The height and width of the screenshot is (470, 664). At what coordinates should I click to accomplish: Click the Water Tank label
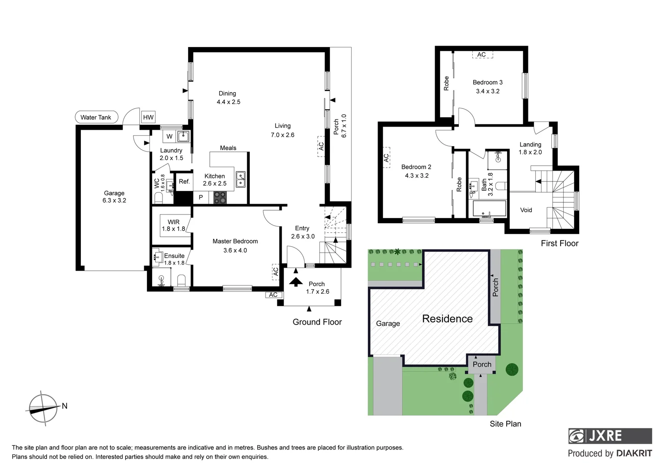pos(96,117)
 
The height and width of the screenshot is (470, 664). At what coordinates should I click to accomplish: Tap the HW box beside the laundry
pos(148,117)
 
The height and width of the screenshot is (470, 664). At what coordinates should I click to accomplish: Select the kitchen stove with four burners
pos(220,197)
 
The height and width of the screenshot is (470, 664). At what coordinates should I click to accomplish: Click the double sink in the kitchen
pos(240,179)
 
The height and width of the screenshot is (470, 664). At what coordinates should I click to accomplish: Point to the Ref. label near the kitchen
pos(184,181)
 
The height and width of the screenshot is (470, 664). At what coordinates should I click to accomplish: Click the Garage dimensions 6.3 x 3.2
pos(114,201)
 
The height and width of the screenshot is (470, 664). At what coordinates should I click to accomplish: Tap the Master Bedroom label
pos(235,241)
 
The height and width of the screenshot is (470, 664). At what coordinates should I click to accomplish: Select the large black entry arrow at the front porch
pos(296,282)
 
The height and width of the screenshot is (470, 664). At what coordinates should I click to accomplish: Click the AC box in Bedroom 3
pos(481,55)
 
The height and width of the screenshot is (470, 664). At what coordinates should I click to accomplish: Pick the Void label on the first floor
pos(526,210)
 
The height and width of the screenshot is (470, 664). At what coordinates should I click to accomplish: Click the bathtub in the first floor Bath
pos(489,208)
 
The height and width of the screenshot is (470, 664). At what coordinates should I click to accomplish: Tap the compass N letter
pos(65,406)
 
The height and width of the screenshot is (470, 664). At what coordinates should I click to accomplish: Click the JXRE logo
pos(610,436)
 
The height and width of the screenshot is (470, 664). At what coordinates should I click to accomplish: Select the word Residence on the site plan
pos(447,319)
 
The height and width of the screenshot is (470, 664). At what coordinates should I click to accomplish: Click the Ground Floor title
pos(317,322)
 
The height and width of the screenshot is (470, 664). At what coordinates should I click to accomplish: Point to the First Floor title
pos(559,243)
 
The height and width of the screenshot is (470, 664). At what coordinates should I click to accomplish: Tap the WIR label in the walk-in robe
pos(173,222)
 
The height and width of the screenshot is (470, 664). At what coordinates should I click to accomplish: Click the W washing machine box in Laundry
pos(169,136)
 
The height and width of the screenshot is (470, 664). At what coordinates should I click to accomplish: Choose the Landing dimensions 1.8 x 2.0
pos(530,152)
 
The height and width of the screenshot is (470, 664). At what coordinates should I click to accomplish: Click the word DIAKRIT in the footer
pos(634,453)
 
